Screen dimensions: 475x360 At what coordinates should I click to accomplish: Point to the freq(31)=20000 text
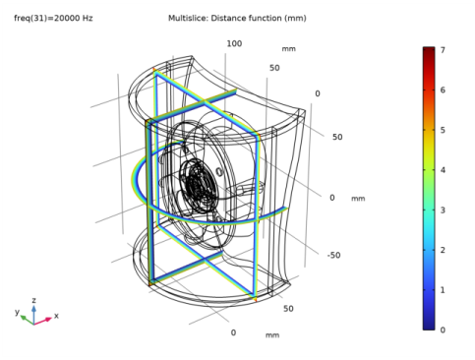pyautogui.click(x=46, y=18)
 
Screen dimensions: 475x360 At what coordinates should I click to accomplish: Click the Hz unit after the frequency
pyautogui.click(x=88, y=18)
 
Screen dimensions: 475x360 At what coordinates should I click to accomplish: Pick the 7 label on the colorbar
pyautogui.click(x=443, y=50)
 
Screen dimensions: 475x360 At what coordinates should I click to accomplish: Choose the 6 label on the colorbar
pyautogui.click(x=443, y=90)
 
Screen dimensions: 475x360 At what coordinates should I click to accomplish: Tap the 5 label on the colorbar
pyautogui.click(x=443, y=130)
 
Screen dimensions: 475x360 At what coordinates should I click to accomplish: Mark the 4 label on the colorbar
pyautogui.click(x=443, y=170)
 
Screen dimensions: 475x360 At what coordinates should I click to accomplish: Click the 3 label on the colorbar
pyautogui.click(x=443, y=210)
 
